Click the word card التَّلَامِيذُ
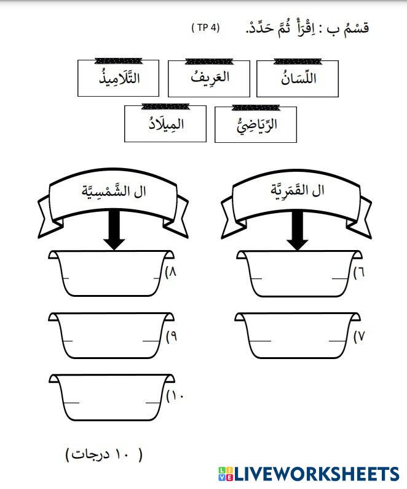coord(119,78)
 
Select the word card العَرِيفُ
coord(209,78)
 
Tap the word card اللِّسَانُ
coord(297,79)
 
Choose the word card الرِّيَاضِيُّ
coord(256,124)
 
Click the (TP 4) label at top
coord(205,28)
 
